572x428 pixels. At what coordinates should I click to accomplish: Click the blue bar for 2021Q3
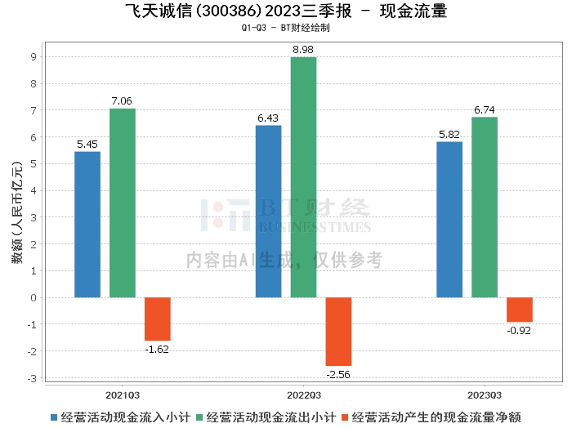click(x=87, y=225)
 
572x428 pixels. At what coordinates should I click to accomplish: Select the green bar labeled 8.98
click(x=303, y=177)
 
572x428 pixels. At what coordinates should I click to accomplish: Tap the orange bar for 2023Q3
click(x=519, y=310)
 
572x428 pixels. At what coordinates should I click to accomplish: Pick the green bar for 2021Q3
click(x=123, y=203)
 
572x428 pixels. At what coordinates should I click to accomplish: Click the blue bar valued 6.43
click(x=268, y=212)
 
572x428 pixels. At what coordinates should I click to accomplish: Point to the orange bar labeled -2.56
click(x=338, y=331)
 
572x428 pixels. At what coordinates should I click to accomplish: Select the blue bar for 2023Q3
click(x=449, y=220)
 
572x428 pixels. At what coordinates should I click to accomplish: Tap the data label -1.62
click(x=158, y=349)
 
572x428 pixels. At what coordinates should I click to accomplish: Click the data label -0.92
click(x=519, y=331)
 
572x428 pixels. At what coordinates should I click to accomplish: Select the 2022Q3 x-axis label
click(x=303, y=393)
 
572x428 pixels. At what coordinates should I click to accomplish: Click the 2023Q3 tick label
click(x=485, y=393)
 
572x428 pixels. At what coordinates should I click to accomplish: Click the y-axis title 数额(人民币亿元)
click(x=16, y=216)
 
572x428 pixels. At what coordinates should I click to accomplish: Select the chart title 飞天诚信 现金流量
click(x=286, y=11)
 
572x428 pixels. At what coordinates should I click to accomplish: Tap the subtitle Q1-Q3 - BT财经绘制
click(x=286, y=28)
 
